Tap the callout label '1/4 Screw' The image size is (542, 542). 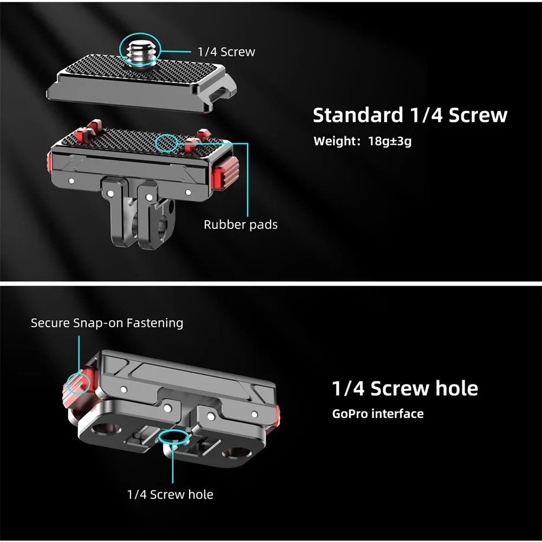[226, 52]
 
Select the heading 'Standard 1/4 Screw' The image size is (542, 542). [410, 115]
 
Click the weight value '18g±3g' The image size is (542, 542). [390, 141]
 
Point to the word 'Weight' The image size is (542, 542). [332, 141]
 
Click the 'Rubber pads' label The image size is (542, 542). [241, 225]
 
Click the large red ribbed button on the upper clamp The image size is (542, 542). [225, 172]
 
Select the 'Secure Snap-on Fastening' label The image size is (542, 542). [107, 323]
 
